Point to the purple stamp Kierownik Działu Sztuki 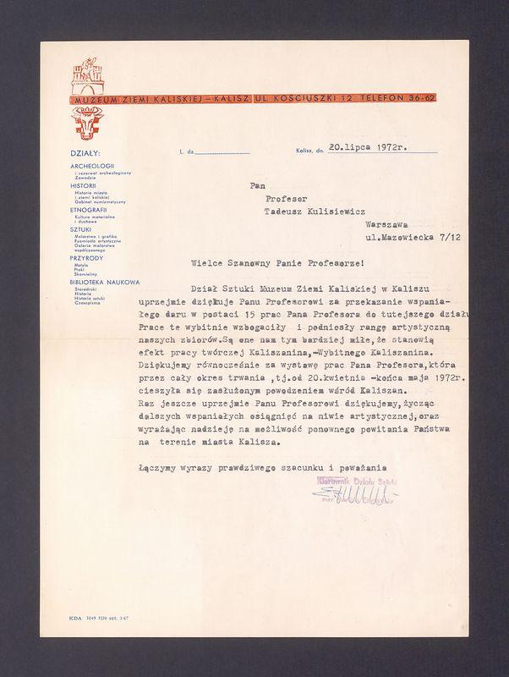(356, 479)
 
